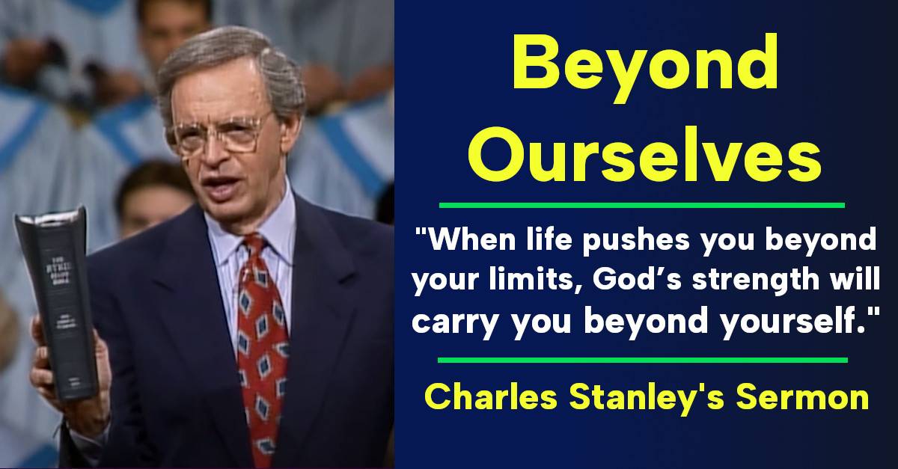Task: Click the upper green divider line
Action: (x=641, y=204)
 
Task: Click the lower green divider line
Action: (x=641, y=360)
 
